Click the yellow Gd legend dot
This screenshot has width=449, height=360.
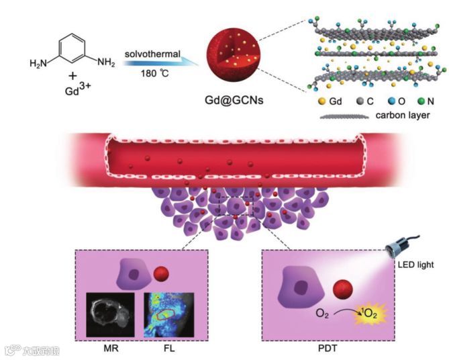pyautogui.click(x=323, y=102)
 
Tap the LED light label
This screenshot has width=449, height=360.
pyautogui.click(x=415, y=266)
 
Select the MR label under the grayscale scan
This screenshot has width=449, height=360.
pyautogui.click(x=111, y=349)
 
